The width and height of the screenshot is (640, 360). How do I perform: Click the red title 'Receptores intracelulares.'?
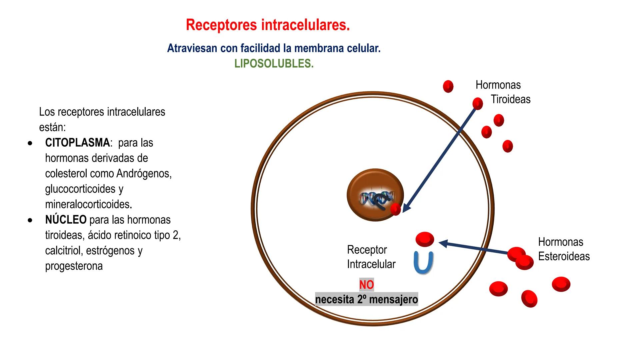pyautogui.click(x=268, y=25)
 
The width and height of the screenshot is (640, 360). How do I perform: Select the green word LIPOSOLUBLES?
pyautogui.click(x=274, y=64)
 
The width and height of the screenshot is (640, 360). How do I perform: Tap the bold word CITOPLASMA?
pyautogui.click(x=77, y=143)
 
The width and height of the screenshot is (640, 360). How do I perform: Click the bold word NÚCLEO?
pyautogui.click(x=66, y=220)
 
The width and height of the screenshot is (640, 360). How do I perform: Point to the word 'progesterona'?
pyautogui.click(x=74, y=266)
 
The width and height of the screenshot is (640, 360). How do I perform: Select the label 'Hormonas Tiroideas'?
pyautogui.click(x=502, y=92)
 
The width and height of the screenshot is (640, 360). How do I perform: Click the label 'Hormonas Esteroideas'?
pyautogui.click(x=563, y=249)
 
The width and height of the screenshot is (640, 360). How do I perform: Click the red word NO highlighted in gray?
pyautogui.click(x=366, y=285)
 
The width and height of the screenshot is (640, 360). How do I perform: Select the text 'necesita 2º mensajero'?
pyautogui.click(x=366, y=299)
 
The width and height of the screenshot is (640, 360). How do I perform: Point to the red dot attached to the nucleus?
pyautogui.click(x=395, y=209)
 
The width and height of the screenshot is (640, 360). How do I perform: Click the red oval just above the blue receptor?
pyautogui.click(x=425, y=239)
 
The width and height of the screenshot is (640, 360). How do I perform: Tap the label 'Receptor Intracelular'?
pyautogui.click(x=371, y=257)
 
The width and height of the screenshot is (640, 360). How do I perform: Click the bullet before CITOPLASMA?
pyautogui.click(x=30, y=144)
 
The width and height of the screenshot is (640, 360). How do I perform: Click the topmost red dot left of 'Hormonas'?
pyautogui.click(x=448, y=86)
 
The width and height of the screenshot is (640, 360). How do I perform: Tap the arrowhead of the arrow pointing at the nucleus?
pyautogui.click(x=406, y=208)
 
